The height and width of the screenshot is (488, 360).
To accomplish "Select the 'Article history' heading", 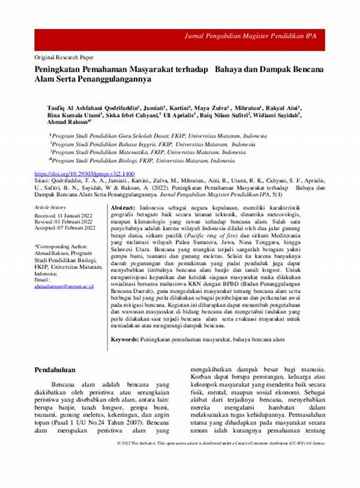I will [x=52, y=207].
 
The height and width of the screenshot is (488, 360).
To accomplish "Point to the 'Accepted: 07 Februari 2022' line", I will [x=65, y=228].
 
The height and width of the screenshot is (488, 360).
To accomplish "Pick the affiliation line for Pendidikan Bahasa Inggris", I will [x=153, y=145].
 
